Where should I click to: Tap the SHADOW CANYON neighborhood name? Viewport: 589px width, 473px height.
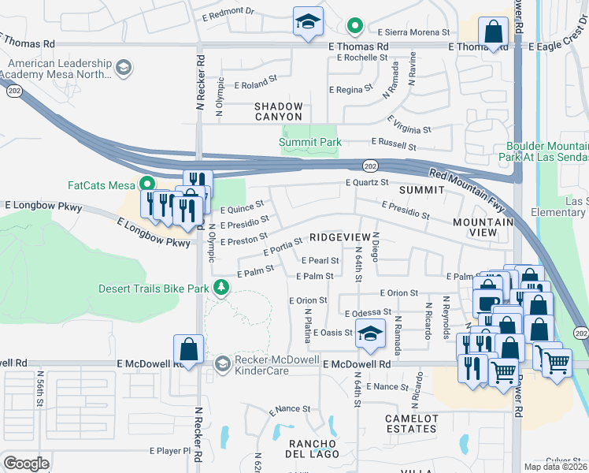278,111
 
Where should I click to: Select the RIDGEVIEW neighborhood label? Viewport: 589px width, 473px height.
339,236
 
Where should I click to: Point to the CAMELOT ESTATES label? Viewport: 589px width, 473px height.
411,423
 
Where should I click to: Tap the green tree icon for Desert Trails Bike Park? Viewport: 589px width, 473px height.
222,289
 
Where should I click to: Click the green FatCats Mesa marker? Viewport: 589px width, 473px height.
147,184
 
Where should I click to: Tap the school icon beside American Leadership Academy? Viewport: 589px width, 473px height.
122,69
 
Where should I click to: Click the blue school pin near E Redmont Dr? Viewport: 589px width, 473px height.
308,21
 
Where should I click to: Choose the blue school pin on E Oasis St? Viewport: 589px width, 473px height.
369,333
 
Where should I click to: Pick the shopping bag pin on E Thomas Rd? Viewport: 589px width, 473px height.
494,33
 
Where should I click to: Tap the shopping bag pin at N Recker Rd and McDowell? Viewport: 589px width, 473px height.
189,348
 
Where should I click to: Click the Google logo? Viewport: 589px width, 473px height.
26,463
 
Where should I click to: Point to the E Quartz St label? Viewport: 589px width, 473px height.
367,182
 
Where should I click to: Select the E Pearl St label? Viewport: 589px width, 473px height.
320,260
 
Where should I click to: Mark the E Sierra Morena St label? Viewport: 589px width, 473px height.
413,32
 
